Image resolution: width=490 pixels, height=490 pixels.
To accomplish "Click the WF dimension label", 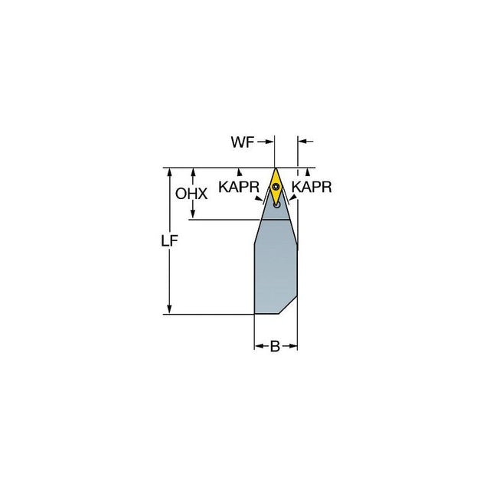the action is (242, 142).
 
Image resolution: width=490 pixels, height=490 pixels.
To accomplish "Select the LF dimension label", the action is (169, 241).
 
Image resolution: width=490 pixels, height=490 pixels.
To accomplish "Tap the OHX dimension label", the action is (191, 194).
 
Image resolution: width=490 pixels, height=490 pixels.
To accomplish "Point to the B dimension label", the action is (275, 346).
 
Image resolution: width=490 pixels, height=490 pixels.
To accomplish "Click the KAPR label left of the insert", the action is (239, 187).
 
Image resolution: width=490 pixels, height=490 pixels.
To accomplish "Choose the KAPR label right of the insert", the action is (312, 187).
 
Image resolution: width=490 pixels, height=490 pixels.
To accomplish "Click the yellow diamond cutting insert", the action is (276, 186).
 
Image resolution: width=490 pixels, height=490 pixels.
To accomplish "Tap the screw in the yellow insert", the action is (276, 187).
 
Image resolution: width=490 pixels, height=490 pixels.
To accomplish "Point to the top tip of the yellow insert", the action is (276, 168).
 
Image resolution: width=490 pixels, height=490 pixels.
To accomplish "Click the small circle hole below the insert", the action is (276, 205).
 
